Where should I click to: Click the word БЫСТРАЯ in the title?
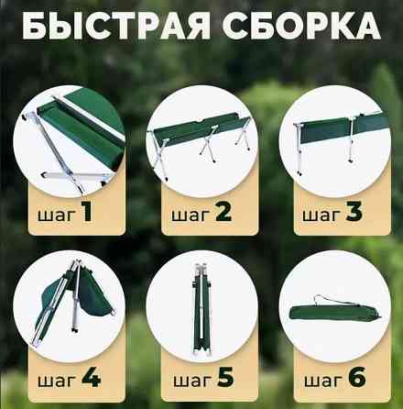point(116,26)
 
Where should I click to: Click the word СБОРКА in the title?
point(301,26)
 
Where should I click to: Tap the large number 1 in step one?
point(86,212)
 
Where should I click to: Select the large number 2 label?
point(223,212)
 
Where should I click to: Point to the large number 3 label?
point(354,212)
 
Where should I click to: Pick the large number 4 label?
point(91,377)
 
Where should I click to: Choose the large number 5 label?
point(225,377)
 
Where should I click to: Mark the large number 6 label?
point(357,377)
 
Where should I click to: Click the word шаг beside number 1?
point(57,215)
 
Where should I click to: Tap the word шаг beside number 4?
point(57,381)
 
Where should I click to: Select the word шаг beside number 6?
point(323,381)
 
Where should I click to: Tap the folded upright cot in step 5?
point(201,309)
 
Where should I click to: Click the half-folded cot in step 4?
point(73,303)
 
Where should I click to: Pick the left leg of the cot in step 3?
point(298,149)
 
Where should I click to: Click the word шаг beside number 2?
point(191,215)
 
